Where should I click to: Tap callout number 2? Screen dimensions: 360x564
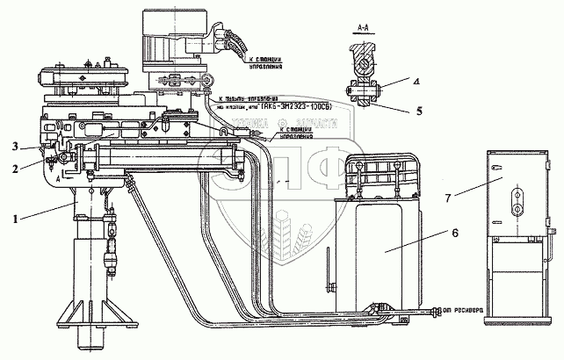(13, 163)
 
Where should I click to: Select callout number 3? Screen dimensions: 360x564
(13, 146)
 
